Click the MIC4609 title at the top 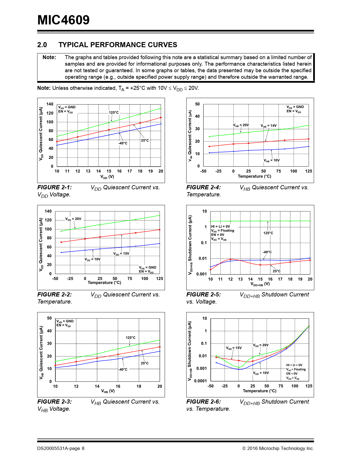coord(63,20)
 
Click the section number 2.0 coord(42,45)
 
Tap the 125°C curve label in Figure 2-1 coord(114,113)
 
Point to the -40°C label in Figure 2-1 coord(123,143)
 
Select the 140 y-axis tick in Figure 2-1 coord(50,104)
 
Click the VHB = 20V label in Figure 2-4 coord(241,125)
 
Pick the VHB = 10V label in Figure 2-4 coord(271,161)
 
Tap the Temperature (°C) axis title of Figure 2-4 coord(254,176)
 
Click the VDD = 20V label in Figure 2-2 coord(73,219)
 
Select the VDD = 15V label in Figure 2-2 coord(121,254)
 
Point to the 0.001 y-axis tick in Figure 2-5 coord(202,274)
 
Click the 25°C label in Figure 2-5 coord(277,271)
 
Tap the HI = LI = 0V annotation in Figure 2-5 coord(221,227)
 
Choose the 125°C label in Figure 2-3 coord(131,338)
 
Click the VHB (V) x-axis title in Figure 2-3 coord(108,391)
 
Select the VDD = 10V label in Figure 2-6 coord(261,373)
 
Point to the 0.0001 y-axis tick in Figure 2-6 coord(200,381)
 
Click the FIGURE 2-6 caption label coord(203,402)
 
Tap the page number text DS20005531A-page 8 coord(61,449)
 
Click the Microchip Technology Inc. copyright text coord(278,449)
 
